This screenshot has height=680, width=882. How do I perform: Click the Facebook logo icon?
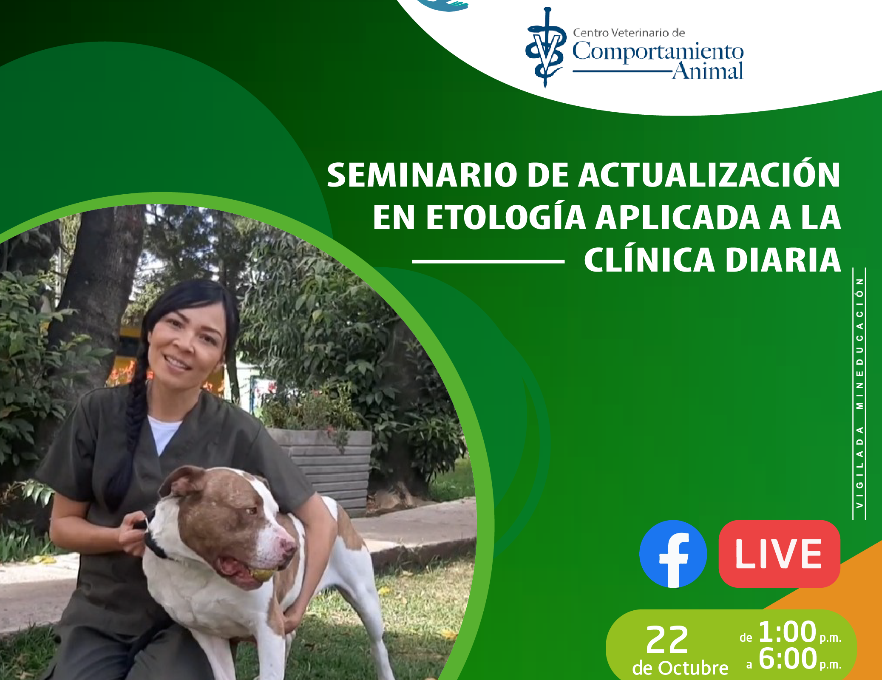673,554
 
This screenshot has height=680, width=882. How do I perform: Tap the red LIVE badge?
779,554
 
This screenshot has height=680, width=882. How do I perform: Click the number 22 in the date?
667,640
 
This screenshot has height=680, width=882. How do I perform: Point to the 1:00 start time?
787,632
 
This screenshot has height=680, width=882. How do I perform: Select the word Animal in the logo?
708,71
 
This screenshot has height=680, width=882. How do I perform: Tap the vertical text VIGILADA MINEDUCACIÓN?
859,393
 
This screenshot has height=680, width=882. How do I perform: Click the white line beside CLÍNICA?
488,261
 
